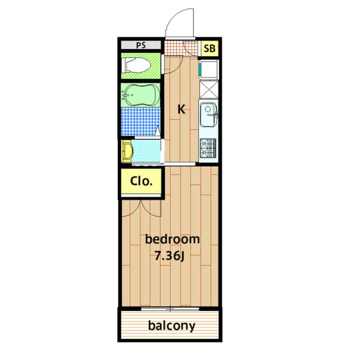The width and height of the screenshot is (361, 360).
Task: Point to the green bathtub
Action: pyautogui.click(x=138, y=95)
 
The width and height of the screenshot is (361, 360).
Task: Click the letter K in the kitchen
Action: pyautogui.click(x=182, y=109)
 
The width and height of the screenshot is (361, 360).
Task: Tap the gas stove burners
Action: pyautogui.click(x=208, y=148)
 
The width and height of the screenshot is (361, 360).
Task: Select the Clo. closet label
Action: pyautogui.click(x=139, y=181)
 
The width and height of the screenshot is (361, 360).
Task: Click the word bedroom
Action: pyautogui.click(x=172, y=239)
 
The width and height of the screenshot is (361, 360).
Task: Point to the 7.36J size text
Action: pyautogui.click(x=170, y=256)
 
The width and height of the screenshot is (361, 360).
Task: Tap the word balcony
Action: pyautogui.click(x=171, y=325)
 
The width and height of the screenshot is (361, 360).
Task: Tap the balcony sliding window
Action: pyautogui.click(x=169, y=309)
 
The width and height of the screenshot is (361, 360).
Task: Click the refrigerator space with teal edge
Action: pyautogui.click(x=209, y=70)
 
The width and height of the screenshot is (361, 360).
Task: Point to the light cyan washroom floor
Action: pyautogui.click(x=146, y=150)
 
